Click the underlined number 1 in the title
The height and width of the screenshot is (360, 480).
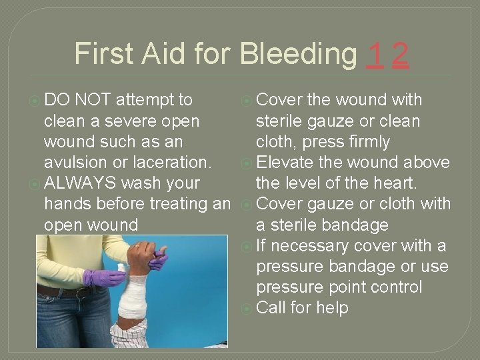click(x=376, y=55)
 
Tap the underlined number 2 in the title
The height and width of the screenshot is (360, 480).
click(x=400, y=55)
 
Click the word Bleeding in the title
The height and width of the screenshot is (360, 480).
click(x=298, y=55)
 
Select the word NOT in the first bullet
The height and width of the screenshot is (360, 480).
click(x=94, y=100)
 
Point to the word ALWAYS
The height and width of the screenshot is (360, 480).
click(x=81, y=183)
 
